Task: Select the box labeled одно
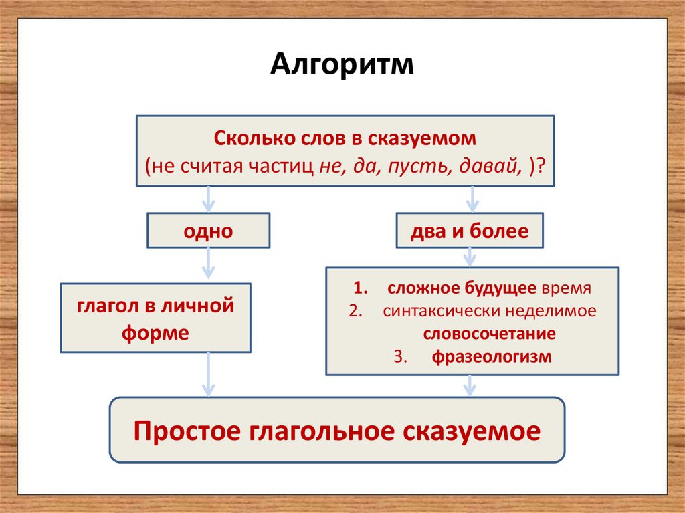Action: [208, 231]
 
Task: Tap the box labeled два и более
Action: [470, 231]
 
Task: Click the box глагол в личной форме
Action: [156, 318]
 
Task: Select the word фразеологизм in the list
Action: [491, 356]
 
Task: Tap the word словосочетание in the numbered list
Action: [489, 334]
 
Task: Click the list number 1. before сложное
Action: [361, 289]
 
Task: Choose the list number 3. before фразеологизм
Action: [401, 356]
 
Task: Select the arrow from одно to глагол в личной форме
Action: [208, 265]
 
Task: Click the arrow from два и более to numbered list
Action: [470, 258]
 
